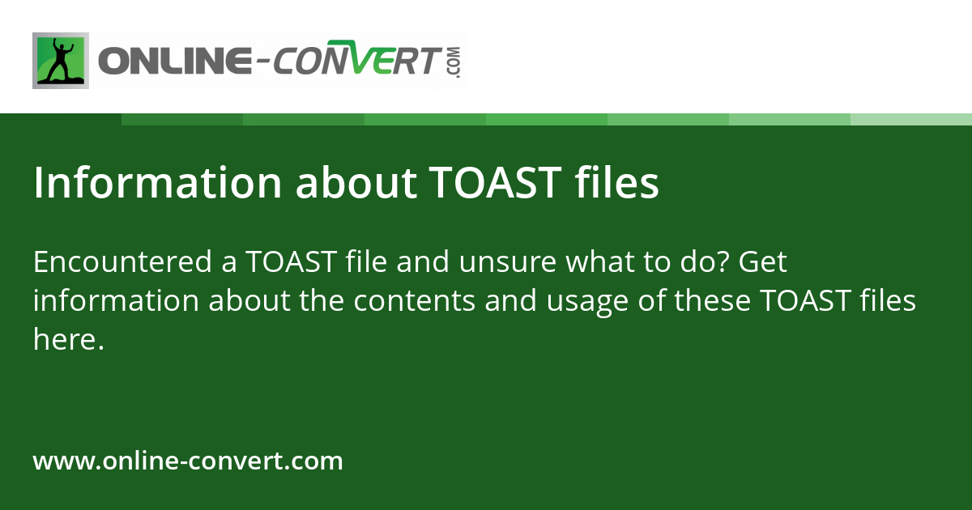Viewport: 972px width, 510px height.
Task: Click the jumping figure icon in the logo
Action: pos(61,61)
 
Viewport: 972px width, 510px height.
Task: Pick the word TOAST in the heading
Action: pos(494,184)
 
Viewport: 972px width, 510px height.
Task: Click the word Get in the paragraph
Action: pos(763,263)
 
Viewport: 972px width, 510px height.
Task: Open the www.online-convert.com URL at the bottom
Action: pos(188,461)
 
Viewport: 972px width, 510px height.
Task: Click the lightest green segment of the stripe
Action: pos(911,119)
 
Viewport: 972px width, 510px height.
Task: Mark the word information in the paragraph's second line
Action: pos(116,302)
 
